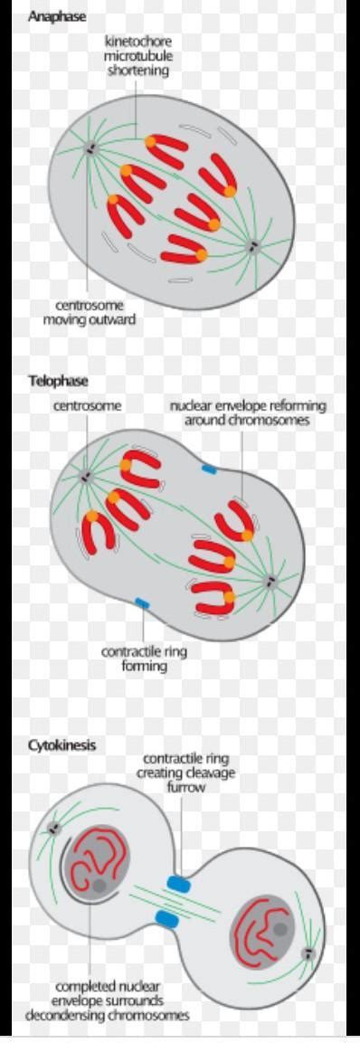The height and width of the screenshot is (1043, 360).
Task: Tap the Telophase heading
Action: click(x=52, y=381)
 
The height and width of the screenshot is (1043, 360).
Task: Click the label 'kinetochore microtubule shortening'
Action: click(x=137, y=56)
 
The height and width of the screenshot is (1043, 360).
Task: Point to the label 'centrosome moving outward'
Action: click(x=90, y=312)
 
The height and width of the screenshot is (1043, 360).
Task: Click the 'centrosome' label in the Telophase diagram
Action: click(x=87, y=406)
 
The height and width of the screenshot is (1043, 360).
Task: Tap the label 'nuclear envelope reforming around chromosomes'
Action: click(x=248, y=412)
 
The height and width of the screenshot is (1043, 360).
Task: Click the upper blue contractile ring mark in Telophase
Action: click(x=209, y=470)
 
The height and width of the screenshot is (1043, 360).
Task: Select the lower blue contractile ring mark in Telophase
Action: click(x=142, y=602)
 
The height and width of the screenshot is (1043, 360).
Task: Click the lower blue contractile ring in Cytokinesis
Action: click(x=166, y=920)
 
